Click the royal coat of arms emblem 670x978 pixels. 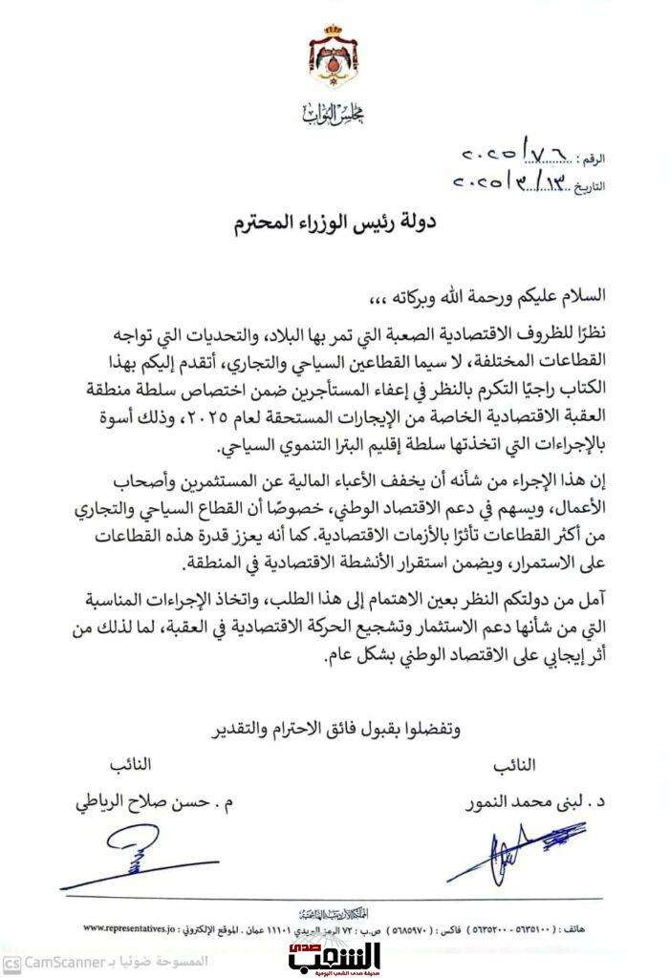click(335, 65)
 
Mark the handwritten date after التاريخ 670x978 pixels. click(516, 181)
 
